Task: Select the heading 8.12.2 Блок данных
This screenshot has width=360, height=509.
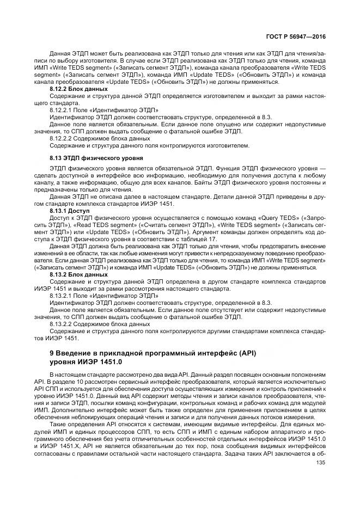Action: [x=78, y=89]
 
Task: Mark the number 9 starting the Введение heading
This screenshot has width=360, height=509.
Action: [x=52, y=354]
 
